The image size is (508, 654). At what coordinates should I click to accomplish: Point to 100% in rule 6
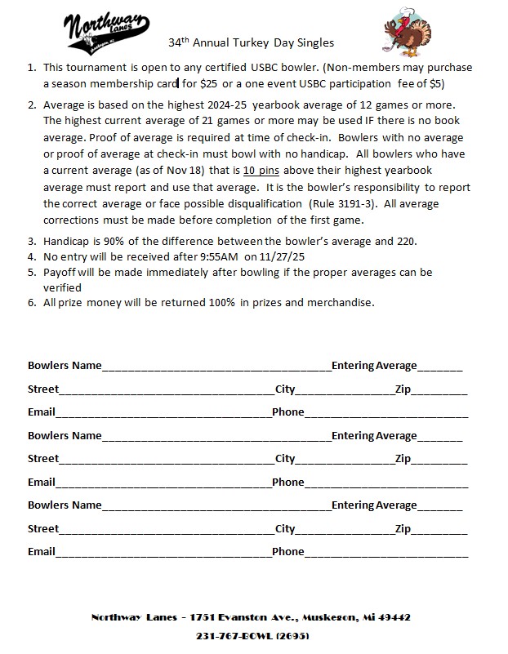224,302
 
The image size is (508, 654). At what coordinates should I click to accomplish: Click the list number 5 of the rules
32,272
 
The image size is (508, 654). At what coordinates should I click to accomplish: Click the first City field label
285,389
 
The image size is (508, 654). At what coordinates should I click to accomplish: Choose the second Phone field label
287,482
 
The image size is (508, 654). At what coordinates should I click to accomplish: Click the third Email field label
42,551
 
